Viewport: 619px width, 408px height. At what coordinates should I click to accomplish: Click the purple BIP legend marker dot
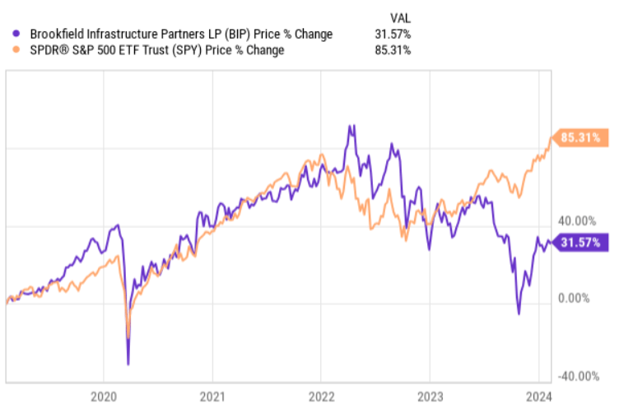pyautogui.click(x=18, y=35)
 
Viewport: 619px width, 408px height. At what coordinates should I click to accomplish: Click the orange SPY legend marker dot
pyautogui.click(x=18, y=50)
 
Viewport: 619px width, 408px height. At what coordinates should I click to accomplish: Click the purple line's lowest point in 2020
pyautogui.click(x=128, y=364)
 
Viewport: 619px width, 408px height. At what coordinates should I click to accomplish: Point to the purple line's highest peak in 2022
pyautogui.click(x=351, y=126)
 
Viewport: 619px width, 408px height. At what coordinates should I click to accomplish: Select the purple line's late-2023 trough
pyautogui.click(x=519, y=313)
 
